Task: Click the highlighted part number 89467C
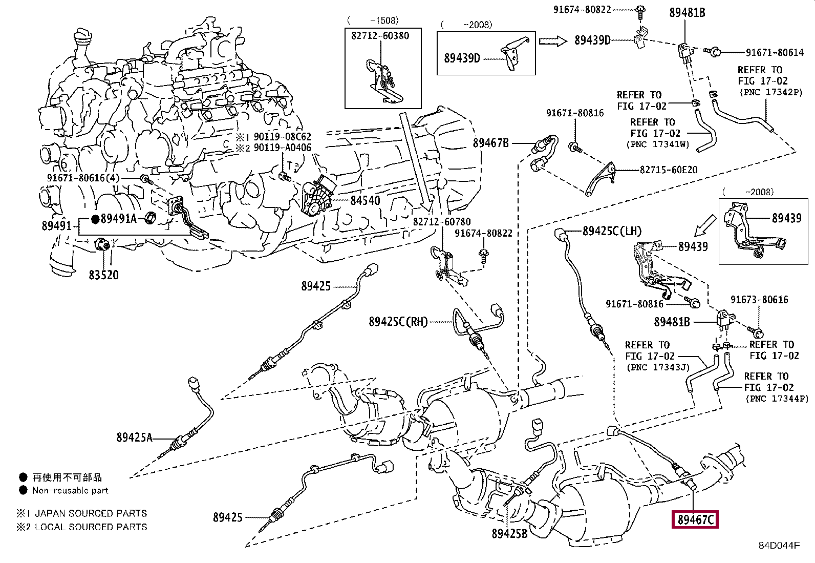695,519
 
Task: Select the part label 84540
365,201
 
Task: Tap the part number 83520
104,275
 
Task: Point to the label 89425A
134,437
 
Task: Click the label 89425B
509,533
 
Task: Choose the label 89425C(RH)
398,322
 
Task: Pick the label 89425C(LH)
612,231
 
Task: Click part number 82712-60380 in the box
380,36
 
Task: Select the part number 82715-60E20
669,170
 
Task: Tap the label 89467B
491,143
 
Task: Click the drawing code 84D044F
779,546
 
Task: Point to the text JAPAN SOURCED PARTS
91,513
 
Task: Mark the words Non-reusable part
70,490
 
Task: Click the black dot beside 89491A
95,219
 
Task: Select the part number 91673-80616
759,300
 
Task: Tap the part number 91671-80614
775,52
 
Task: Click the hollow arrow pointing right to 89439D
553,41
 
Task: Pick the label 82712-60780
442,221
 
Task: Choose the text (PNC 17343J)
658,367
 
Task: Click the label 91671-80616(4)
83,178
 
